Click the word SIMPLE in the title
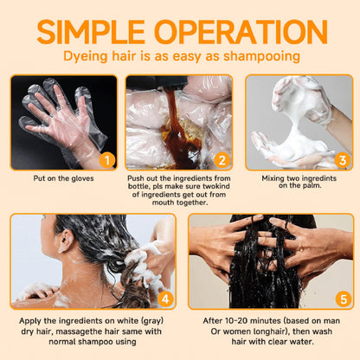point(91,32)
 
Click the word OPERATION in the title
point(241,32)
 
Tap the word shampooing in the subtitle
point(261,56)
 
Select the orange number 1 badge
point(107,160)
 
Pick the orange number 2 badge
point(222,160)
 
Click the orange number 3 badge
point(343,160)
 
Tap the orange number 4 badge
point(165,299)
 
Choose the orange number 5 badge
point(344,299)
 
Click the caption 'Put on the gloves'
point(63,178)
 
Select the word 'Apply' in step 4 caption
point(29,321)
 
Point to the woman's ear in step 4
point(66,241)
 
